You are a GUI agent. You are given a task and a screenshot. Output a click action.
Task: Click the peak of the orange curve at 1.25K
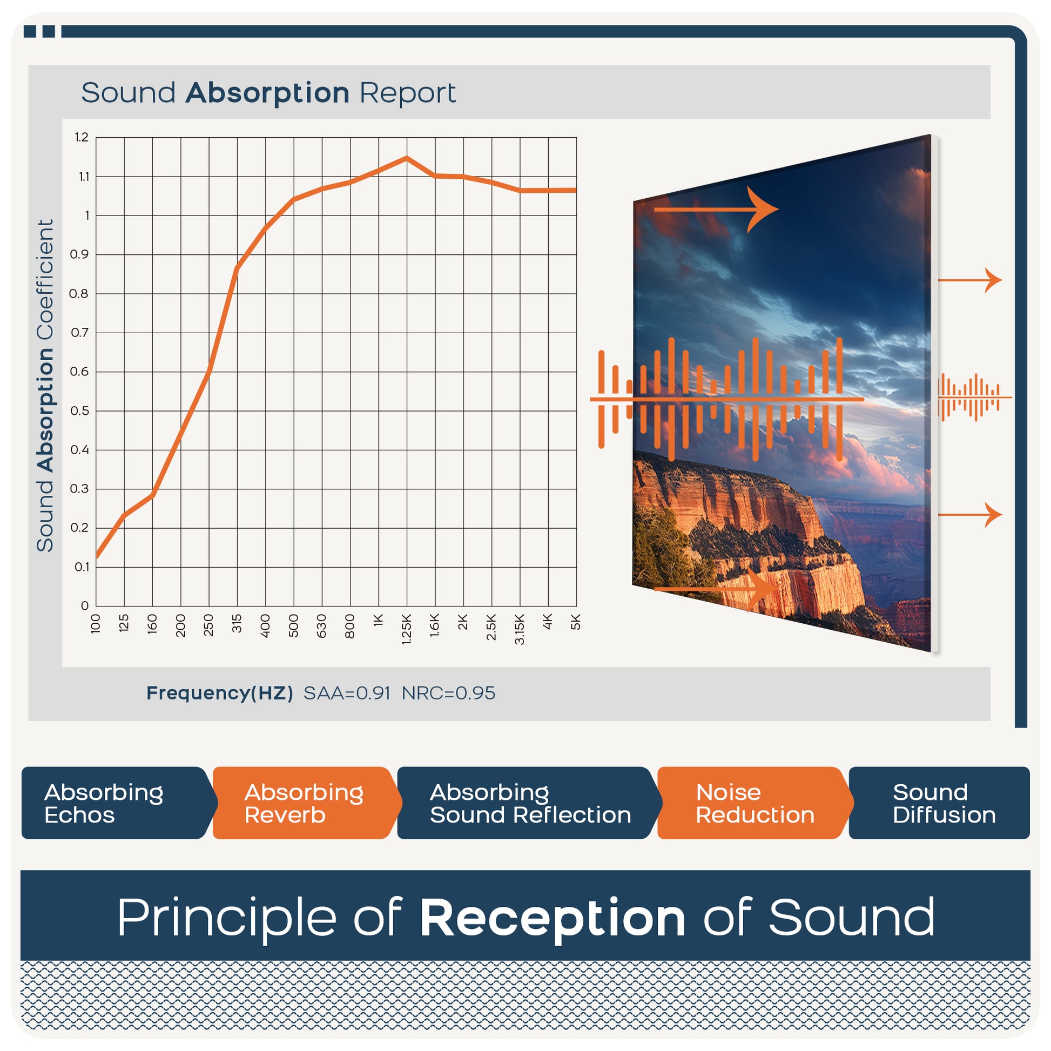pyautogui.click(x=406, y=158)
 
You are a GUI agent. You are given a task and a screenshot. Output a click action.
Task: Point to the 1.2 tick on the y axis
pyautogui.click(x=82, y=138)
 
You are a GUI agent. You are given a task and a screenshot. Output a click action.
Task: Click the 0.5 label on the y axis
pyautogui.click(x=79, y=410)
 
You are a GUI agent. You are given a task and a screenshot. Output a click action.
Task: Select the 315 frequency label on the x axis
pyautogui.click(x=237, y=623)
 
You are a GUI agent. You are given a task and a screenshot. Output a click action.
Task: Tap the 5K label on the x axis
pyautogui.click(x=576, y=622)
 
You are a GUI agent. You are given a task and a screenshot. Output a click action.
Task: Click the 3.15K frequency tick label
pyautogui.click(x=520, y=629)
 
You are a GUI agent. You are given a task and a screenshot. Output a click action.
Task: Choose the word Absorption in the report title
pyautogui.click(x=268, y=93)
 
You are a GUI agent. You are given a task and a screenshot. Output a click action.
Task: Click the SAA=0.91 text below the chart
pyautogui.click(x=347, y=693)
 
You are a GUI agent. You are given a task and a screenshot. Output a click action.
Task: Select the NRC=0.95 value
pyautogui.click(x=449, y=693)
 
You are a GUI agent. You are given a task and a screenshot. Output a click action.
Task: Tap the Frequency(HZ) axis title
pyautogui.click(x=220, y=693)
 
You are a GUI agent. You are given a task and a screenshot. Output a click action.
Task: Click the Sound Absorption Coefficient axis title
pyautogui.click(x=45, y=386)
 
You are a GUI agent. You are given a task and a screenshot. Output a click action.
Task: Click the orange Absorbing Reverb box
pyautogui.click(x=306, y=803)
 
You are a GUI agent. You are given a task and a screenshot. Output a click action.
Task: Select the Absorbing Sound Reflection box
pyautogui.click(x=529, y=803)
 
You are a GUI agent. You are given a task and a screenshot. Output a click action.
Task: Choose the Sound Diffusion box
pyautogui.click(x=940, y=803)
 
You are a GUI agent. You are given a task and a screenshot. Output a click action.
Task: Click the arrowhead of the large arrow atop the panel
pyautogui.click(x=763, y=210)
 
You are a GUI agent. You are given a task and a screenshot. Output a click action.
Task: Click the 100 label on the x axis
pyautogui.click(x=96, y=623)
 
